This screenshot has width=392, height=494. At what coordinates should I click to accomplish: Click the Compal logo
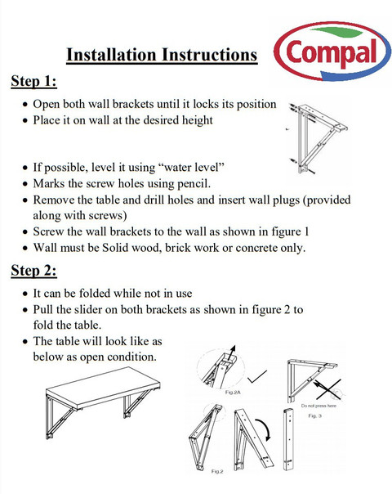332,52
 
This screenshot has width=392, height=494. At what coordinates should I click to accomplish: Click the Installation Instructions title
162,55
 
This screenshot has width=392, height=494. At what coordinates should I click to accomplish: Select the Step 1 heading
34,81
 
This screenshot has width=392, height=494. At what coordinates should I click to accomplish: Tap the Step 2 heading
34,271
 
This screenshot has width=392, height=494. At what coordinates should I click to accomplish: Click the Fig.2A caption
233,393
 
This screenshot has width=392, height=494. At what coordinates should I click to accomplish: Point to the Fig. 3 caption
314,415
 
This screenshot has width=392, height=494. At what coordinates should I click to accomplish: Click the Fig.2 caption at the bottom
217,471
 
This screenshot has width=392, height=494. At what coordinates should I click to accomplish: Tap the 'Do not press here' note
318,406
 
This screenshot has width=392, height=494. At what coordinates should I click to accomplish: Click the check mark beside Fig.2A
257,376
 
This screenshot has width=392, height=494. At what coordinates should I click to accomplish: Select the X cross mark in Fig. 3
329,389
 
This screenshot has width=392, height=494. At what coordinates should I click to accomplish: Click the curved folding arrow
265,428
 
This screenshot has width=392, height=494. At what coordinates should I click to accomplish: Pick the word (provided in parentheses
327,200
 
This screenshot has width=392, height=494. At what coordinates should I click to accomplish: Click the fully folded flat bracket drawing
289,439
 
